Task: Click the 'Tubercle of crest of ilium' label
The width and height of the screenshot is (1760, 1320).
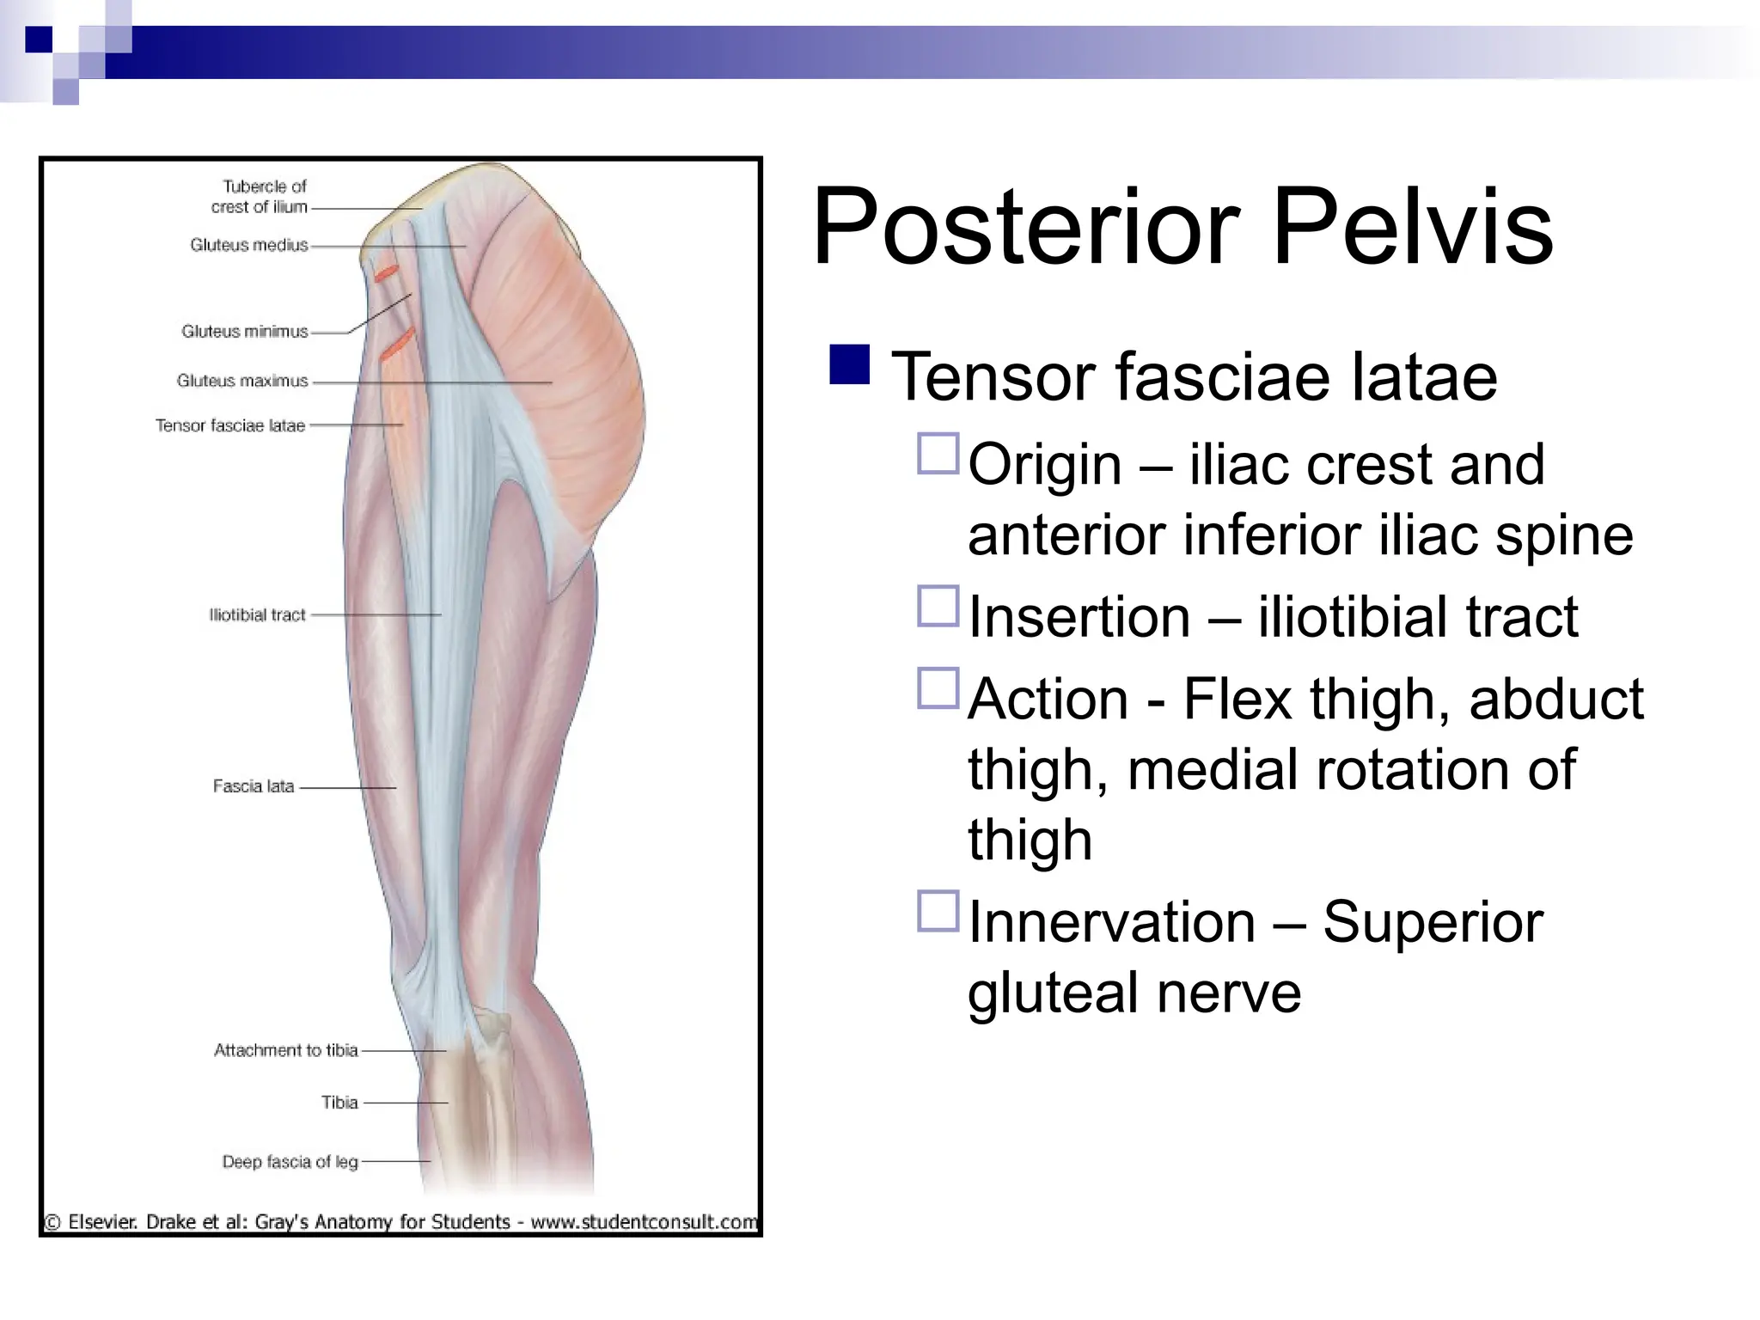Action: [x=260, y=197]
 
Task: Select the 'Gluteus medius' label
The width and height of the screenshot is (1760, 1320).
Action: [x=248, y=246]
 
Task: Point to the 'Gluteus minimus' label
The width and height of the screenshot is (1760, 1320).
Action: [x=244, y=332]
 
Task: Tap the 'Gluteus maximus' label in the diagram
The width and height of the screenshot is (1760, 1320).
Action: [x=241, y=381]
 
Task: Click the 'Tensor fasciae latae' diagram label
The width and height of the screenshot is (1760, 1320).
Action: [x=229, y=425]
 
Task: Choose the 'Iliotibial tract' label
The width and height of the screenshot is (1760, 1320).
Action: [x=257, y=615]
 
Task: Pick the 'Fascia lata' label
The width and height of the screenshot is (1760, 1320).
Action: [x=253, y=786]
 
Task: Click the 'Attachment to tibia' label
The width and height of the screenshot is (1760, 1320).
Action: [x=285, y=1050]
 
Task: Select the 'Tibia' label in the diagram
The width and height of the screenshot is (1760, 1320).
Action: [x=339, y=1103]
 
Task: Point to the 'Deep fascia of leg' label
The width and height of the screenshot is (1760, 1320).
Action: [x=290, y=1162]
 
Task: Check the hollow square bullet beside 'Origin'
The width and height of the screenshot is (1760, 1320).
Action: [x=938, y=454]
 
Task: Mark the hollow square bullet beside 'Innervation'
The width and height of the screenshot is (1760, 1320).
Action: [x=938, y=911]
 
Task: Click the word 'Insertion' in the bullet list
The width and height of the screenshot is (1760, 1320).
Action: [x=1079, y=617]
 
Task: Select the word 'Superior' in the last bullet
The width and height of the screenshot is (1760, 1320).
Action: [x=1433, y=922]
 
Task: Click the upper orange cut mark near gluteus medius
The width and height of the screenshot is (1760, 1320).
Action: [x=385, y=273]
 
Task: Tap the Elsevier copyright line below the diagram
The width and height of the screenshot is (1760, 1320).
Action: [x=400, y=1221]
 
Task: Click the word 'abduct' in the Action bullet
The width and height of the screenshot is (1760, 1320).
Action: [x=1555, y=699]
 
